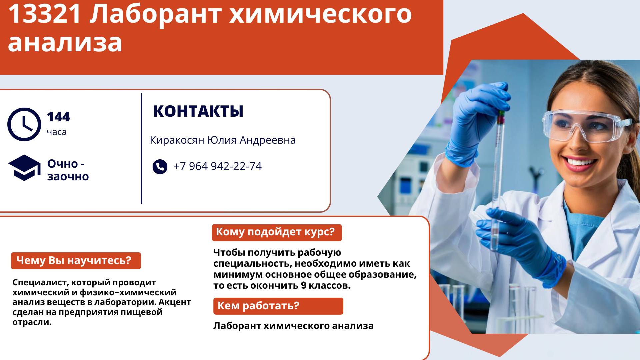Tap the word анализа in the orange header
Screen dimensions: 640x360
click(65, 43)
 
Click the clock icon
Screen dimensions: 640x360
click(24, 124)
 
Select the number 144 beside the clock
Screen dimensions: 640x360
click(59, 117)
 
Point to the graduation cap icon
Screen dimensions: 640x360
click(24, 168)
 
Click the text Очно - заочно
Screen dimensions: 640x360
click(68, 170)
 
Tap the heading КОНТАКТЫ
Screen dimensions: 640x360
click(198, 111)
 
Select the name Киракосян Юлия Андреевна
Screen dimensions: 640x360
click(223, 140)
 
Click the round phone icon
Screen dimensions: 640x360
click(160, 167)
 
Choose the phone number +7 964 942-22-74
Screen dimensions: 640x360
click(218, 166)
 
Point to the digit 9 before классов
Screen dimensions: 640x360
click(303, 285)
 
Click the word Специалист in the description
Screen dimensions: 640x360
click(40, 283)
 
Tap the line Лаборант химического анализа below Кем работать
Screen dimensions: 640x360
click(293, 326)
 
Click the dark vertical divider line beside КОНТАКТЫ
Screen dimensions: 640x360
click(142, 149)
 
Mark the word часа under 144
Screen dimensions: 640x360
click(57, 132)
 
